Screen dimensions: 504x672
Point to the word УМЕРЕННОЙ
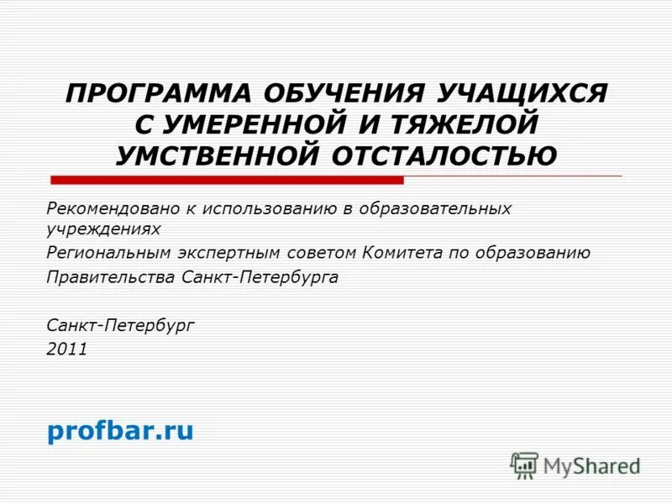pyautogui.click(x=252, y=124)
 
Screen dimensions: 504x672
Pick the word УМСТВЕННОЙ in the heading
pyautogui.click(x=218, y=155)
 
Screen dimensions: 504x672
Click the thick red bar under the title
pyautogui.click(x=227, y=180)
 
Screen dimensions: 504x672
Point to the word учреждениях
pyautogui.click(x=103, y=228)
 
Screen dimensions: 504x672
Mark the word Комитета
pyautogui.click(x=407, y=253)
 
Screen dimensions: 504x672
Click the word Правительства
pyautogui.click(x=112, y=277)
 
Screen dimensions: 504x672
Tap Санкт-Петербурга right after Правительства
pyautogui.click(x=260, y=277)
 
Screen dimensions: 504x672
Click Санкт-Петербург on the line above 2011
pyautogui.click(x=120, y=323)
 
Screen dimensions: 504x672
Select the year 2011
pyautogui.click(x=67, y=349)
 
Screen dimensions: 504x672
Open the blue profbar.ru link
pyautogui.click(x=120, y=431)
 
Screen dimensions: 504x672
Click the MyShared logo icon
pyautogui.click(x=524, y=465)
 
